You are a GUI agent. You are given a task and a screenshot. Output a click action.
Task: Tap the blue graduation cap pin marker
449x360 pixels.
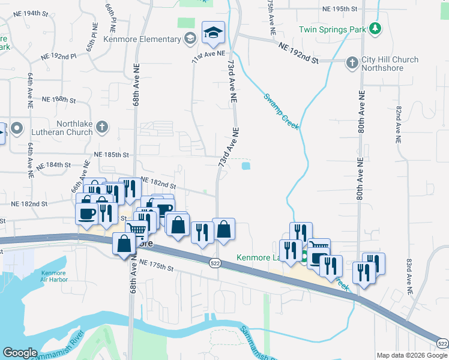[x=212, y=34]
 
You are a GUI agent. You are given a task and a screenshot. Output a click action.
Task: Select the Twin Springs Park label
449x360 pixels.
[x=334, y=29]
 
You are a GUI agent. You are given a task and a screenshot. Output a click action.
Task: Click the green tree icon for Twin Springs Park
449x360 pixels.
[x=375, y=28]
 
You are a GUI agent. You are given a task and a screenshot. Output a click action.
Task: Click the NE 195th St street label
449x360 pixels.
[x=340, y=9]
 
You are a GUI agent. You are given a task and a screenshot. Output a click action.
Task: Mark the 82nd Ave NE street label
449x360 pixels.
[x=397, y=125]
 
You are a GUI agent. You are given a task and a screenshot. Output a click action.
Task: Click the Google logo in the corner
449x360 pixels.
[x=20, y=353]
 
